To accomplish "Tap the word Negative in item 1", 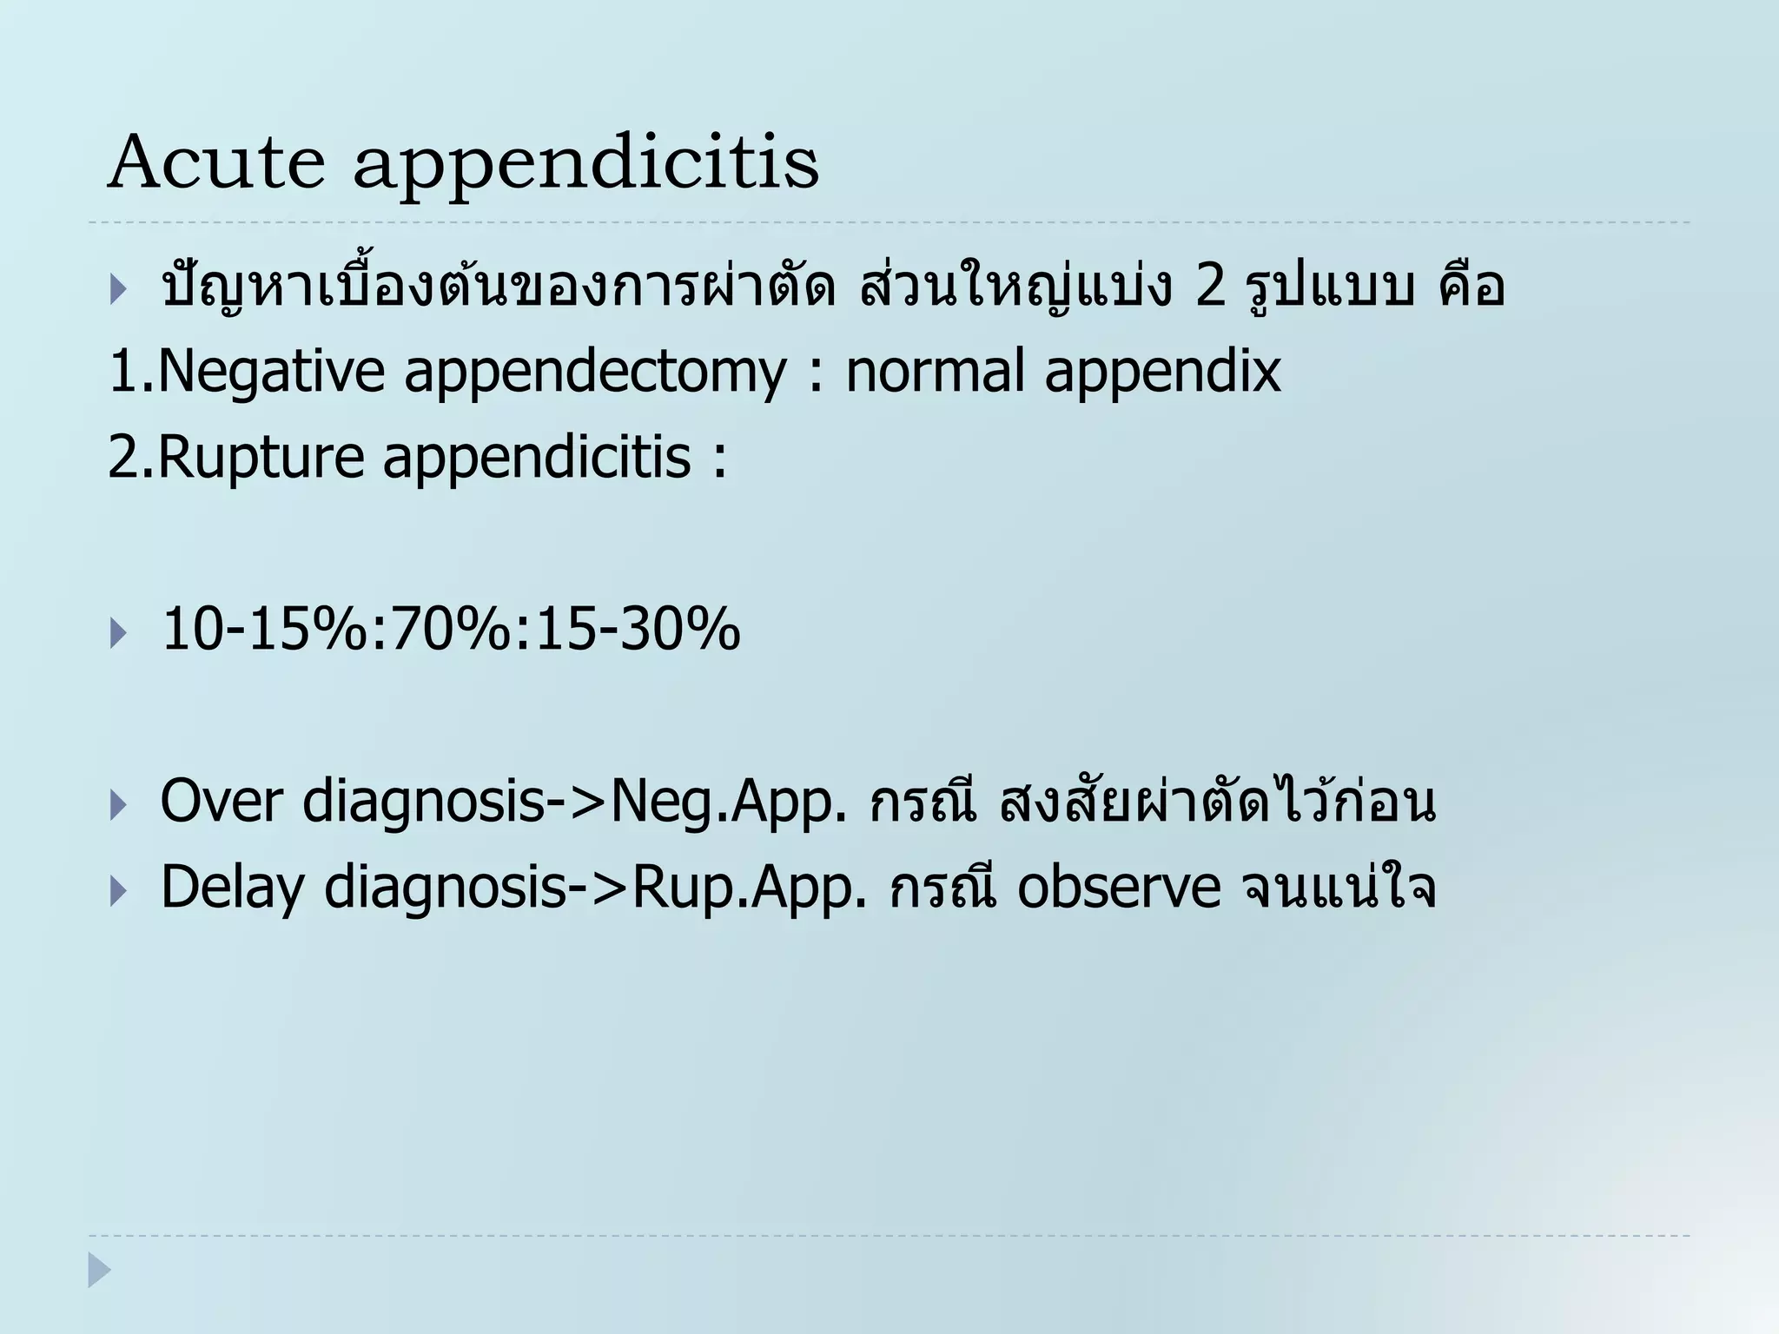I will tap(272, 371).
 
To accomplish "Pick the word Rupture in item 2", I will tap(261, 458).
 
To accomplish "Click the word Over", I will tap(222, 801).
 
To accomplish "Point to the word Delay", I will tap(232, 888).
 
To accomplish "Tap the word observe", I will tap(1119, 888).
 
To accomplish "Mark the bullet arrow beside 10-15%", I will tap(118, 633).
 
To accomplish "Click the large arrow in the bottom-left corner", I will tap(99, 1270).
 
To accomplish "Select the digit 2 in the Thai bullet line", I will tap(1210, 287).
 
